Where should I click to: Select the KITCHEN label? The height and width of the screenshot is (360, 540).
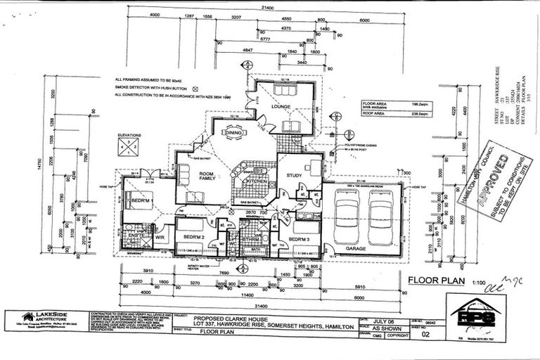(x=252, y=181)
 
